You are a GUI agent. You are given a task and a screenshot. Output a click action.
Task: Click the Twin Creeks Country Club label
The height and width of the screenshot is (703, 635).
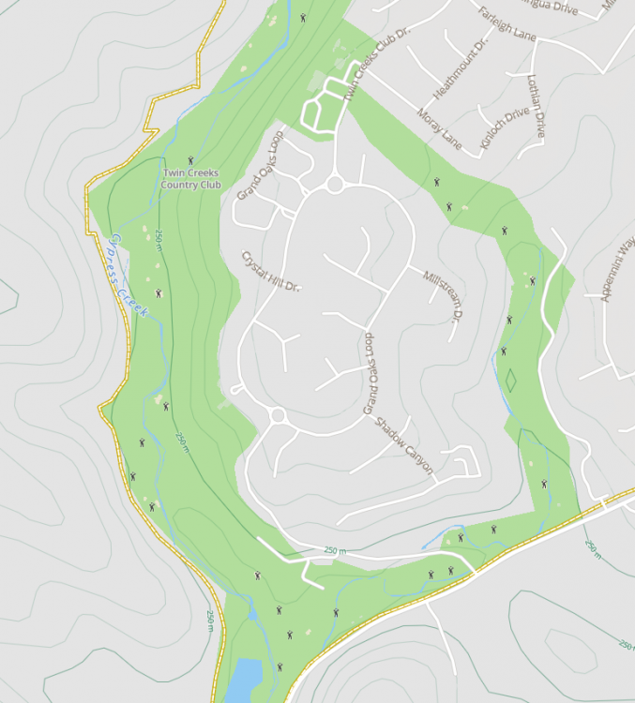click(190, 178)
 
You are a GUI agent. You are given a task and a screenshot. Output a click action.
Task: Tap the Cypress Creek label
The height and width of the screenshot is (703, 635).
click(129, 274)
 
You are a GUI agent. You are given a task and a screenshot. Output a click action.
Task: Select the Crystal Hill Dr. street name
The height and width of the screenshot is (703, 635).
click(269, 271)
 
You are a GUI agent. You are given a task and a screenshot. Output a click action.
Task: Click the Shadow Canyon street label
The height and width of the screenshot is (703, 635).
click(404, 445)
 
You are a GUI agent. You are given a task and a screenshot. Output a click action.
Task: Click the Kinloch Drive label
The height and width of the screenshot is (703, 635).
click(504, 122)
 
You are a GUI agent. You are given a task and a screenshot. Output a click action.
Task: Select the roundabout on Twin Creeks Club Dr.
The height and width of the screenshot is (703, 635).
click(335, 185)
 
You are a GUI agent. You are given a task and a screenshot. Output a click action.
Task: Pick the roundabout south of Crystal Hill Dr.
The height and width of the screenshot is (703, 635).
click(277, 414)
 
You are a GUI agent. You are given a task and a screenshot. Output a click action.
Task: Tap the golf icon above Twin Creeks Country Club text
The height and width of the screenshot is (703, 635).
click(190, 160)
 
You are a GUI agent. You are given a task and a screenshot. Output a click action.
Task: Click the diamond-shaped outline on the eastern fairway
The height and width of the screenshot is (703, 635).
click(511, 381)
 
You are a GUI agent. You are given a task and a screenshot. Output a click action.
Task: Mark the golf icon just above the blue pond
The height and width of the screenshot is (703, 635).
click(280, 666)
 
